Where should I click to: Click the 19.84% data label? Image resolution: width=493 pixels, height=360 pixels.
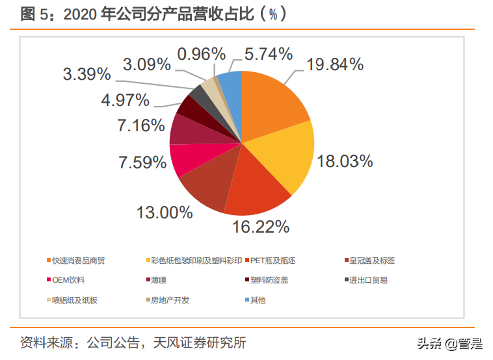coord(335,64)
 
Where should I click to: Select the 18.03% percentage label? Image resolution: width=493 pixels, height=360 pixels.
coord(345,161)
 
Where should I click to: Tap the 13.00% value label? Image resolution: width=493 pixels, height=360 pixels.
coord(165,212)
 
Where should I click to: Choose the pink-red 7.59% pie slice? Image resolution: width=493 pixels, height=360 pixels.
coord(185,159)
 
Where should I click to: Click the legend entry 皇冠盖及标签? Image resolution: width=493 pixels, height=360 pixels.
coord(372,261)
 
